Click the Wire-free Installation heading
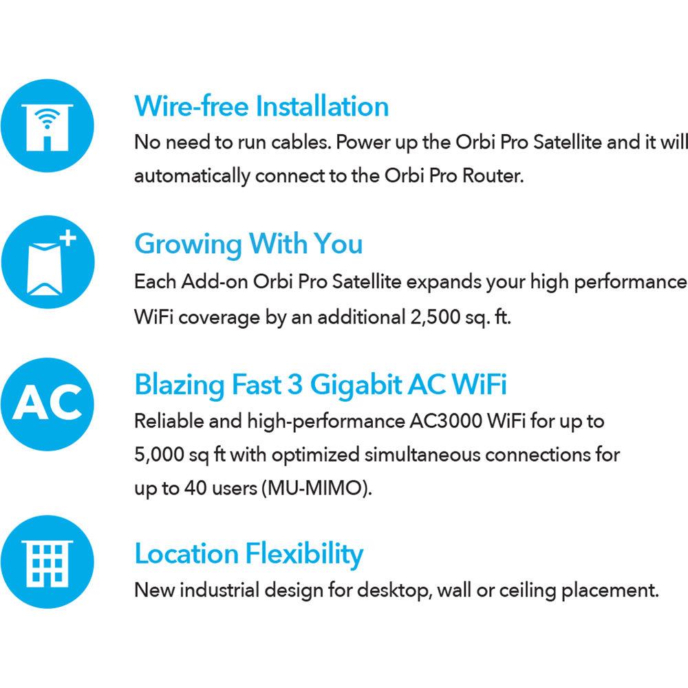click(x=261, y=107)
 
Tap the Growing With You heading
click(x=248, y=244)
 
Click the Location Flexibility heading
click(x=248, y=554)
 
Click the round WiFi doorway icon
click(x=47, y=127)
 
